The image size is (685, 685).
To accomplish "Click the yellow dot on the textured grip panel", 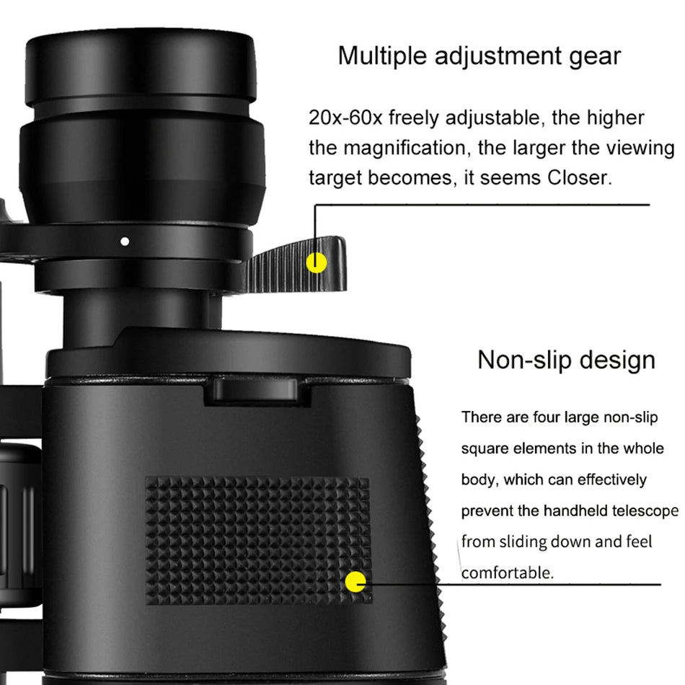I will (x=355, y=582).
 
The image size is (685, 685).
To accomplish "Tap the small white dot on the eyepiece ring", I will (x=125, y=242).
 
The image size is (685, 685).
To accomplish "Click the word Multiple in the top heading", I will (x=381, y=56).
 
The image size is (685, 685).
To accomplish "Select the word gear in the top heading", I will (x=594, y=56).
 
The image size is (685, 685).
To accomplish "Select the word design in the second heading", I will (x=621, y=360).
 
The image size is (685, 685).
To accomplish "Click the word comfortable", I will (x=508, y=573).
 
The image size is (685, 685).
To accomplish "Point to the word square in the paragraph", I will (x=485, y=448).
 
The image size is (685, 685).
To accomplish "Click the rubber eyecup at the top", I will (x=141, y=68).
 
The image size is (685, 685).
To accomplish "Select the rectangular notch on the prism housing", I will (x=253, y=390).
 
